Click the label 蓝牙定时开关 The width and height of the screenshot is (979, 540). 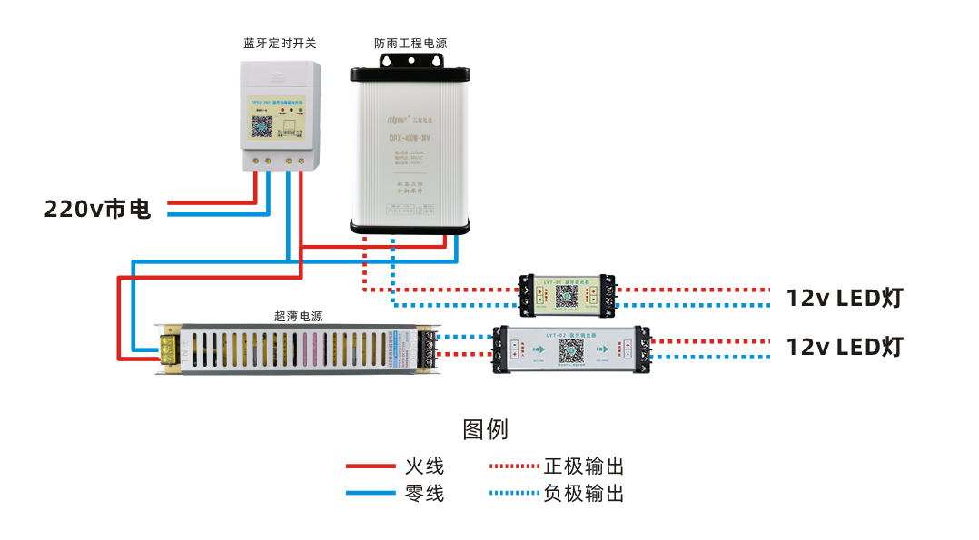coord(280,44)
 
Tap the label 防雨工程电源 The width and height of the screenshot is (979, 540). coord(410,44)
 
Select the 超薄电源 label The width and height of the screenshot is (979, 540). coord(298,317)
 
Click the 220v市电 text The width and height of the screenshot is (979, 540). coord(98,210)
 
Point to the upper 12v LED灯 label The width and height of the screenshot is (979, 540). coord(845,298)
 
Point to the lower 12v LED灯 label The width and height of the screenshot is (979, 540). coord(845,347)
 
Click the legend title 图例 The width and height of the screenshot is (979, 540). coord(485,429)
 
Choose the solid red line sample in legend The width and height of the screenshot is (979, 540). coord(371,467)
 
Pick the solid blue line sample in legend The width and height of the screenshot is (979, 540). coord(371,495)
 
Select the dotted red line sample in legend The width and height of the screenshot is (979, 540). coord(514,467)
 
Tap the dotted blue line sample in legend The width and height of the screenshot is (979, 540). coord(514,495)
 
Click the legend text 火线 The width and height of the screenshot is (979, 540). coord(424,467)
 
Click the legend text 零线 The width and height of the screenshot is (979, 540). coord(424,495)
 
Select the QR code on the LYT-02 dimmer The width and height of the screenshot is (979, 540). coord(571,350)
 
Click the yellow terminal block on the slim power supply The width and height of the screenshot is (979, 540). coord(169,349)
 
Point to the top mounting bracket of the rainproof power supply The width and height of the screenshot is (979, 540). coord(410,61)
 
